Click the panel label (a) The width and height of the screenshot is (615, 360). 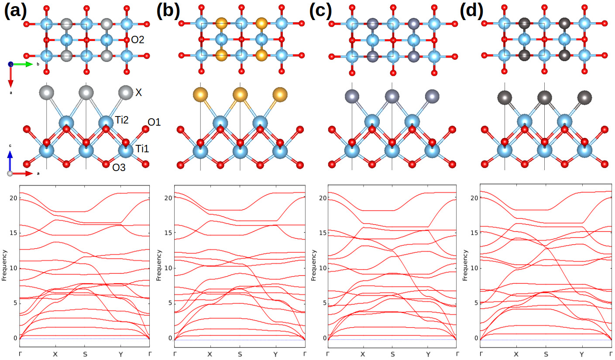16,10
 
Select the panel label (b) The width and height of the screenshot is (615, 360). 168,10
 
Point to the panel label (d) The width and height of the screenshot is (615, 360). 472,10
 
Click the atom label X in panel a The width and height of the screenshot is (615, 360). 139,93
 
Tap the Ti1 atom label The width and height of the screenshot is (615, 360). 142,149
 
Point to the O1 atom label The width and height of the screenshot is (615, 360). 154,123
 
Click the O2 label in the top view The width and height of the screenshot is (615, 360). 137,40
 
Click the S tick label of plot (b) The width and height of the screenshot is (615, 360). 240,353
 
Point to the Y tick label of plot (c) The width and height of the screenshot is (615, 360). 428,353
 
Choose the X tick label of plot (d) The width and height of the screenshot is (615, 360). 516,353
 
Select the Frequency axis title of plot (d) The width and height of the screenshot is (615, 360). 464,265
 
